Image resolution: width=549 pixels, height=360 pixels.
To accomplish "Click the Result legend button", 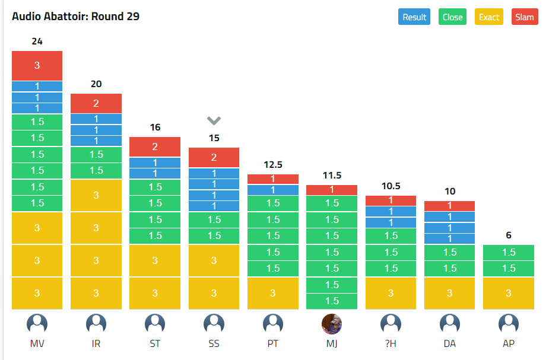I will point(414,17).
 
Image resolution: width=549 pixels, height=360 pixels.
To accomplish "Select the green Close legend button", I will point(452,17).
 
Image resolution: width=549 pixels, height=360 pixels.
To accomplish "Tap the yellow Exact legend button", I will point(489,17).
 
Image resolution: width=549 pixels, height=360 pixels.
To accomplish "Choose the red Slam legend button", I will point(525,17).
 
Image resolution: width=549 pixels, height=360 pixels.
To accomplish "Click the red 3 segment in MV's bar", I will point(37,66).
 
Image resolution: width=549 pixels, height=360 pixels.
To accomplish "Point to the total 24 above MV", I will point(37,42).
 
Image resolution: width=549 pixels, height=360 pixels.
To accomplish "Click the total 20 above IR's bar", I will point(96,84).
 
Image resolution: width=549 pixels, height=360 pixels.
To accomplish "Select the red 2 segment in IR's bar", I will point(96,103).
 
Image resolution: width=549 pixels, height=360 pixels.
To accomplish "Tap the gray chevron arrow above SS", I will point(214,121).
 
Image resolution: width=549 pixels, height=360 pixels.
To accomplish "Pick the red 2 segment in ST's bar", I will point(155,147).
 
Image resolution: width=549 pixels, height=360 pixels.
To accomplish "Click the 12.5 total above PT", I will point(272,164).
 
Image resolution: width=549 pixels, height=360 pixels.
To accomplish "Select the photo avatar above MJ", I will point(332,324).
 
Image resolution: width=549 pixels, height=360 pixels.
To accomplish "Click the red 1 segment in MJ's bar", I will point(332,190).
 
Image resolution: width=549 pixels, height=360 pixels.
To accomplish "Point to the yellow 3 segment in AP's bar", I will point(509,293).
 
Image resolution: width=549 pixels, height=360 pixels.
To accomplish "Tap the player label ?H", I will point(391,344).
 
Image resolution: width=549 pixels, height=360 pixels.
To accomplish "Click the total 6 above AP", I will point(509,235).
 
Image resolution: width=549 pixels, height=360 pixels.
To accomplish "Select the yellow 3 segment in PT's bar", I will point(272,293).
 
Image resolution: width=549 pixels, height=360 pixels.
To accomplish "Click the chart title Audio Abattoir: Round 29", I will point(75,16).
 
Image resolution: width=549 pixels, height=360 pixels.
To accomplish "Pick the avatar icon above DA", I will point(450,324).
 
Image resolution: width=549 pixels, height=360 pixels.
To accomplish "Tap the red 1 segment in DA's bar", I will point(450,206).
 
